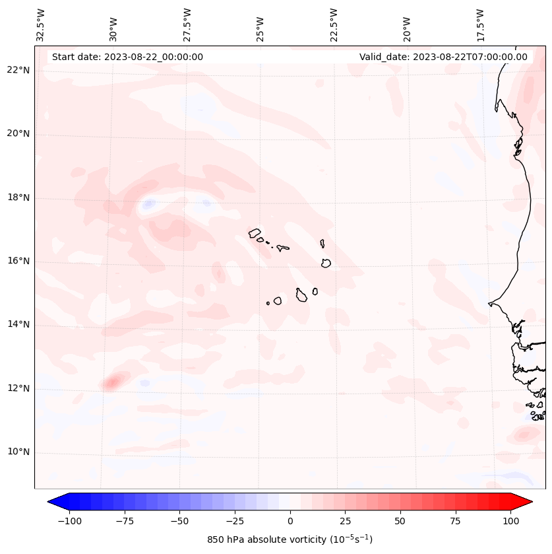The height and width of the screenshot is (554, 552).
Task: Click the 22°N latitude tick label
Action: tap(18, 71)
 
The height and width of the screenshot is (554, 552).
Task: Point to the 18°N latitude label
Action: tap(18, 198)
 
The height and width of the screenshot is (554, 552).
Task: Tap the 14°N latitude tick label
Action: tap(18, 325)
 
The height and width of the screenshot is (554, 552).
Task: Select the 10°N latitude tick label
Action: tap(18, 452)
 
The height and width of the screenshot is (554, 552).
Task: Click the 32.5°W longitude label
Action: tap(41, 24)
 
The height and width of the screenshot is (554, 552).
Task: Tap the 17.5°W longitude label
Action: tap(480, 24)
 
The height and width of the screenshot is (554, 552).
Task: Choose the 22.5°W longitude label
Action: tap(334, 24)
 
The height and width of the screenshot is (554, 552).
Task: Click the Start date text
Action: tap(127, 57)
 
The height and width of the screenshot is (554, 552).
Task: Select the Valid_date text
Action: tap(443, 57)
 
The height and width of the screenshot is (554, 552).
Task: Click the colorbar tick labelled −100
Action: tap(69, 521)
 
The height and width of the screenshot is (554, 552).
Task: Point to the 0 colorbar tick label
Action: tap(290, 521)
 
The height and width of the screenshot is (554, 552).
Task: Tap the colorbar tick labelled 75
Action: tap(455, 521)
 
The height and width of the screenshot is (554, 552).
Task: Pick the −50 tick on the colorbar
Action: tap(179, 521)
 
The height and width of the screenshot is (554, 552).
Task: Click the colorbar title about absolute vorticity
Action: tap(290, 539)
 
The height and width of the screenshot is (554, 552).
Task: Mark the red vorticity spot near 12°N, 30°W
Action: tap(112, 381)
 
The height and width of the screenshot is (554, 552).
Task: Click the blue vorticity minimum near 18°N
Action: tap(148, 205)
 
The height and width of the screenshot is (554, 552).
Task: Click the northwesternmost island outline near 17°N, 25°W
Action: tap(255, 233)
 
